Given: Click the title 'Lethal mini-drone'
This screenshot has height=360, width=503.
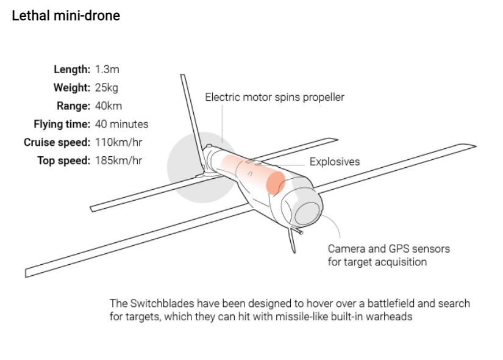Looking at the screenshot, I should coord(66,16).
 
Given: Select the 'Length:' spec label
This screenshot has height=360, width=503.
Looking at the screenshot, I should coord(72,69).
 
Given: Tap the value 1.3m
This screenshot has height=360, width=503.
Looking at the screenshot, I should coord(107,69).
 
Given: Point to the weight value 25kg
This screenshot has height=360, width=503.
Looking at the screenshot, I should coord(107,87).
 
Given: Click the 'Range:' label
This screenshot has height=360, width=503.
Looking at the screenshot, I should coord(74,106).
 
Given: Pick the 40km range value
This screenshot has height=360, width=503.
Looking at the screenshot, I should coord(109,106).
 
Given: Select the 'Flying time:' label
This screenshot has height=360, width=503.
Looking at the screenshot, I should coord(62,124).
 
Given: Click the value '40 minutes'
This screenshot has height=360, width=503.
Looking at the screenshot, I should coord(121,124).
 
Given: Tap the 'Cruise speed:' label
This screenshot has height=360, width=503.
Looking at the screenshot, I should coord(57,142).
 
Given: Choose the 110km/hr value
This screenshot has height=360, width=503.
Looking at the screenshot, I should coord(119,142).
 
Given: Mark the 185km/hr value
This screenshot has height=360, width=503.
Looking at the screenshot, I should coord(119,160).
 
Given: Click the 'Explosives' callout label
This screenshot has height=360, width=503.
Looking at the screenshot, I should coord(335,162).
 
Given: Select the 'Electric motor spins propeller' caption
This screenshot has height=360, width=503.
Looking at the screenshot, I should coord(274,97).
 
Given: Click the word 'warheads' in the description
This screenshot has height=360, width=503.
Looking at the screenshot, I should coord(392,317).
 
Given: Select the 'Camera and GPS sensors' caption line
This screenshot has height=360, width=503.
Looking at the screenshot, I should coord(388,249).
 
